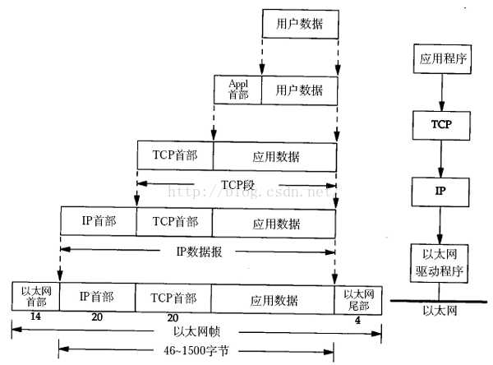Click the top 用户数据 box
click(300, 24)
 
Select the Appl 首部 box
click(237, 90)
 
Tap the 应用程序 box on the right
click(442, 59)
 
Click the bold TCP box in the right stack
click(441, 125)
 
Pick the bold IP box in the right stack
click(440, 192)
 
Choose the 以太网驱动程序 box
click(440, 263)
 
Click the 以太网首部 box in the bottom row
click(35, 297)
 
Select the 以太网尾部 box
click(358, 300)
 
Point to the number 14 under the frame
click(35, 316)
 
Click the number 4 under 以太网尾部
click(357, 321)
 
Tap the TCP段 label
click(237, 185)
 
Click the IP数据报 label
click(200, 252)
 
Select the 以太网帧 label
click(197, 331)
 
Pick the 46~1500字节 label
click(196, 350)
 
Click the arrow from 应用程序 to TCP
click(442, 92)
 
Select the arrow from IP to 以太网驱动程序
click(440, 225)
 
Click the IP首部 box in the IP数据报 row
click(99, 221)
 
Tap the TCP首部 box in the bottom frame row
click(173, 298)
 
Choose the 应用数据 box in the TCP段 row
click(274, 157)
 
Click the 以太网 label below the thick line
click(440, 311)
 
